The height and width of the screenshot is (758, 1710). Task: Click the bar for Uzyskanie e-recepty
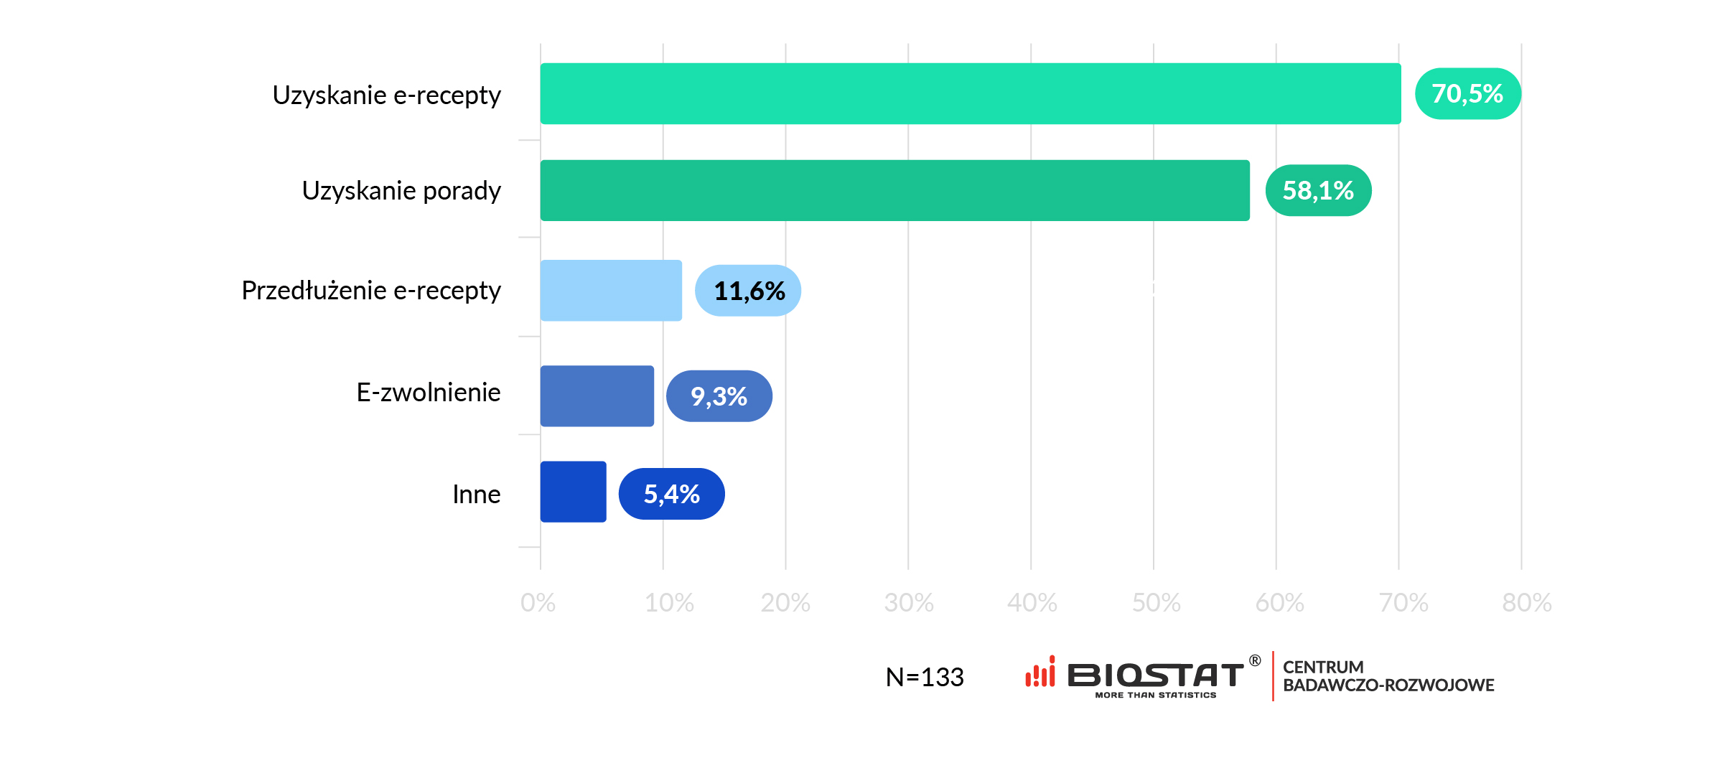[x=970, y=93]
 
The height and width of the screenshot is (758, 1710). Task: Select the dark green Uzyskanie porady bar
[x=894, y=190]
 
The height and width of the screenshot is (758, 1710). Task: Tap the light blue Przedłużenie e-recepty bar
[x=611, y=290]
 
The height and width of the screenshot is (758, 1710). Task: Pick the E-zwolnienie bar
[x=597, y=396]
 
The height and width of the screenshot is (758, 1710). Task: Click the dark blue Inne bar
[x=573, y=492]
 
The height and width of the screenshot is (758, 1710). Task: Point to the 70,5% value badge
[x=1467, y=93]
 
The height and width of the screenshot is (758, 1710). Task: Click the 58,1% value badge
[x=1318, y=190]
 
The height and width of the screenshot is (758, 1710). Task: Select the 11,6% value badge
[x=748, y=291]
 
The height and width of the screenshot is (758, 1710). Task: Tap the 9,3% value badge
[x=719, y=396]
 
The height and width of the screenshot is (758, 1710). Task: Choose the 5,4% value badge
[x=671, y=494]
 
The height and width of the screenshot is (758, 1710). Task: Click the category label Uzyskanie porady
[x=401, y=191]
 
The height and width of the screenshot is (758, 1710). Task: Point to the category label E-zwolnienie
[x=428, y=393]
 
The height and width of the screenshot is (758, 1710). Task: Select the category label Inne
[x=476, y=495]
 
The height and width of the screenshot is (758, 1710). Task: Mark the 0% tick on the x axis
[x=538, y=603]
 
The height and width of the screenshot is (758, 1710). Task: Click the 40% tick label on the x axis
[x=1032, y=603]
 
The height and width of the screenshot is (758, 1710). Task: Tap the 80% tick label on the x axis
[x=1526, y=603]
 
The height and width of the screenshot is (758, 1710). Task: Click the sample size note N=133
[x=925, y=677]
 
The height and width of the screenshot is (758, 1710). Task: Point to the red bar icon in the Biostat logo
[x=1040, y=673]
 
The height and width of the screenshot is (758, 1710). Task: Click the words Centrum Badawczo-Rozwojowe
[x=1388, y=676]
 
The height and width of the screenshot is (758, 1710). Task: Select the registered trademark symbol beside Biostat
[x=1255, y=660]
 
